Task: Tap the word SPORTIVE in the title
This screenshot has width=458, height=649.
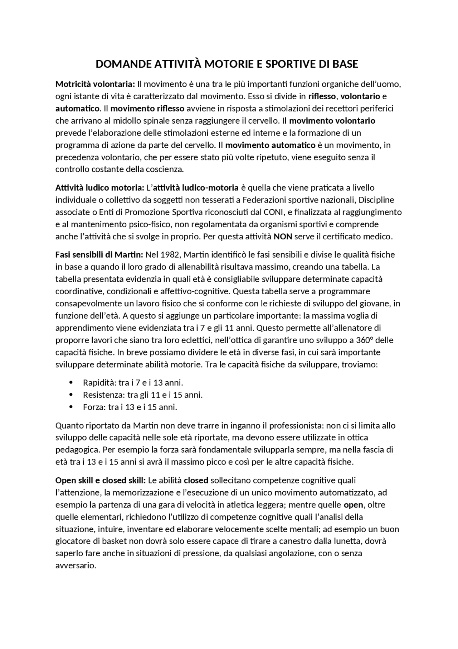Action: tap(277, 64)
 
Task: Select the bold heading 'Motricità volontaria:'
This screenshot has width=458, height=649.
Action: tap(95, 84)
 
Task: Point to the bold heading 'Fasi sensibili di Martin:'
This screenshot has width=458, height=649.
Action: tap(99, 255)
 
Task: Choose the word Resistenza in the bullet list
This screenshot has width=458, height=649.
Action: tap(104, 395)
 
